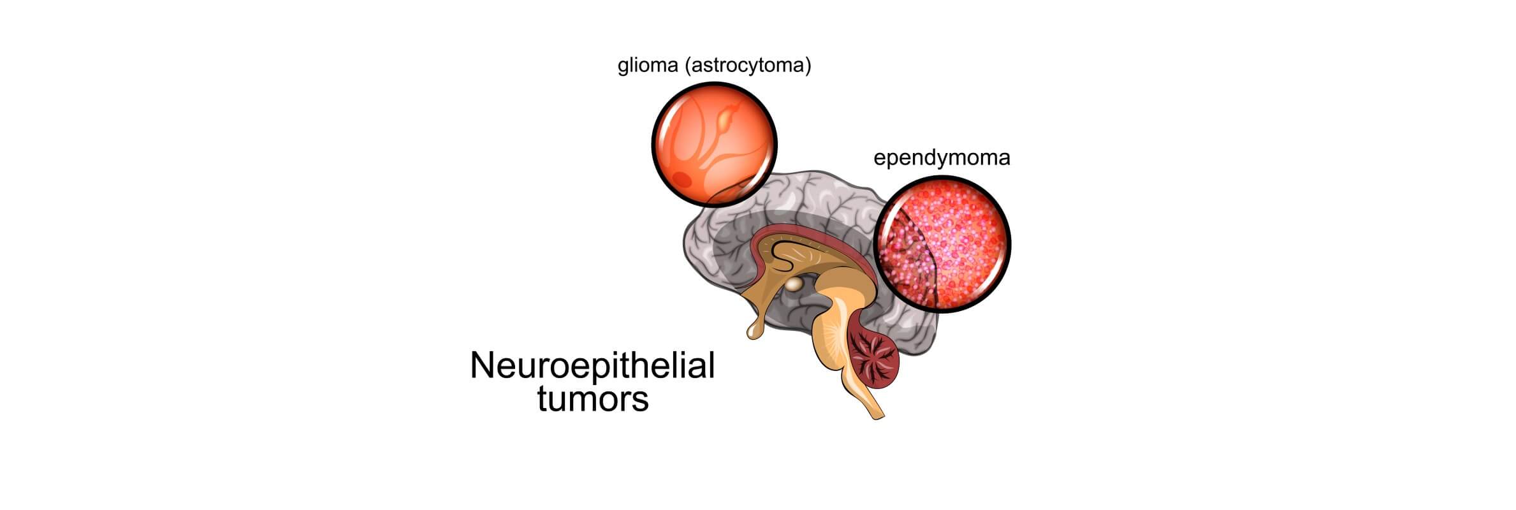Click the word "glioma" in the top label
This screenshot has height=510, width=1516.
(647, 66)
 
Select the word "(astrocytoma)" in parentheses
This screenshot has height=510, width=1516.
(748, 66)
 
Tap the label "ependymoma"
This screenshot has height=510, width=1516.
(942, 158)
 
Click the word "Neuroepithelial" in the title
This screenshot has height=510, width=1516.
(592, 367)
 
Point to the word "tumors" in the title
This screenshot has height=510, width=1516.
(592, 400)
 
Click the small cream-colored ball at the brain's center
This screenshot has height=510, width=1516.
(794, 284)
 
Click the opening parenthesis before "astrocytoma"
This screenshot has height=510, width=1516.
(687, 66)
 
